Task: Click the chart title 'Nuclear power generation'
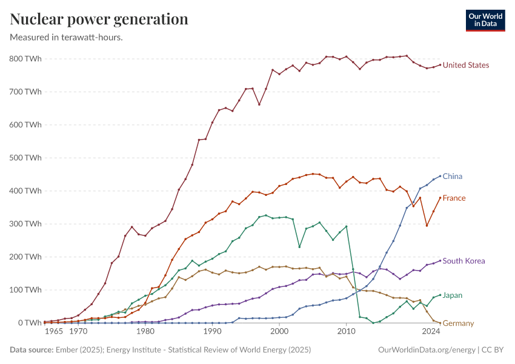tap(99, 19)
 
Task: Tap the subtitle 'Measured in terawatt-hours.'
tap(67, 37)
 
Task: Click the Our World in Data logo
tap(485, 20)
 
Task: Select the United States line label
tap(466, 65)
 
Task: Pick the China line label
tap(452, 177)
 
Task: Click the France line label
tap(454, 198)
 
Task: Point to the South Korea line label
tap(463, 261)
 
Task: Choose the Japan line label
tap(452, 295)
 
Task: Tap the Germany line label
tap(458, 323)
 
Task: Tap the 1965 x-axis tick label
tap(53, 332)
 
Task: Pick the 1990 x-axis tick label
tap(212, 332)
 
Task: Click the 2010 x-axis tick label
tap(346, 332)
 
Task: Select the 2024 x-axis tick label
tap(431, 332)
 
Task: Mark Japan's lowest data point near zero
tap(373, 323)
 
